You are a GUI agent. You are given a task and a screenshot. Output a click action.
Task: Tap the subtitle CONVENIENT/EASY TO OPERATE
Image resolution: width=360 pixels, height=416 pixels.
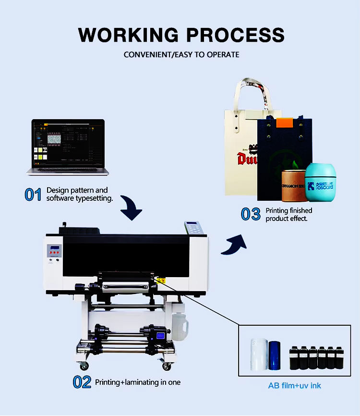181,54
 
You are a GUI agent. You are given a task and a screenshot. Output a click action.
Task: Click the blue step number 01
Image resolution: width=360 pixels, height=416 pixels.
33,195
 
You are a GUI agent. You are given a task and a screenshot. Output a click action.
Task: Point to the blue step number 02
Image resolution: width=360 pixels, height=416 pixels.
82,382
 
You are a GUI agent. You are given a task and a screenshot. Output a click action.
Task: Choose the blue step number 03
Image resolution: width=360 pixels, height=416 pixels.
251,214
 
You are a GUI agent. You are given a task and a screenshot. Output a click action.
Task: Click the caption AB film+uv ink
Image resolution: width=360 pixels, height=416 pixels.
294,385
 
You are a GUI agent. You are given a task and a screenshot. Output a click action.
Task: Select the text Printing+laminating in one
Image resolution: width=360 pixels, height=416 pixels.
138,382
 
